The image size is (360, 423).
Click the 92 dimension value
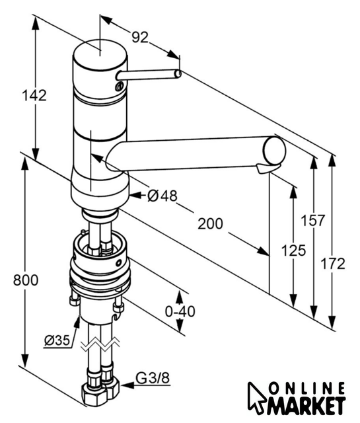[x=140, y=37]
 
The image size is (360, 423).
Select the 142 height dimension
[x=34, y=95]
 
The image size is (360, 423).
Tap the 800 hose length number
[x=26, y=280]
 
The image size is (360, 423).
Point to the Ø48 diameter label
[x=162, y=196]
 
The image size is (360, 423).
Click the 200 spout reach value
[x=210, y=223]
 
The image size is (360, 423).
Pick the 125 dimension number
[x=293, y=250]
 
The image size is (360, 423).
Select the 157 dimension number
[x=313, y=220]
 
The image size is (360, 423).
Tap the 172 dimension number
[x=333, y=264]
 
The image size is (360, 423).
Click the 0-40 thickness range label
[x=180, y=311]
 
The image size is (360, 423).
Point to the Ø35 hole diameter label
[x=57, y=340]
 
